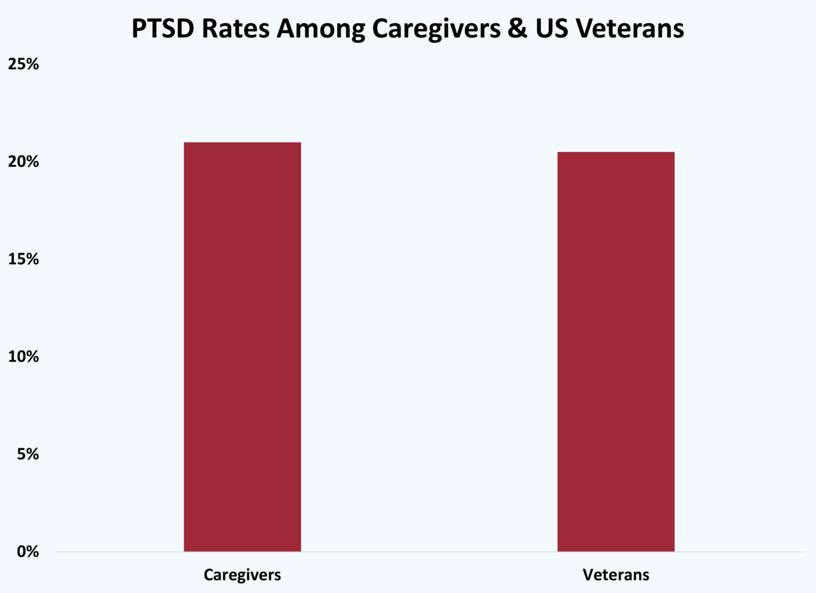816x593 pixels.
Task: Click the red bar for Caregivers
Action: pos(242,347)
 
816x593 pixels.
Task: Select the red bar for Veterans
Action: pos(616,352)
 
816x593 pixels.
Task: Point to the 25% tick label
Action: pos(23,64)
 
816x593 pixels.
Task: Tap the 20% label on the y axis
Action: pos(23,162)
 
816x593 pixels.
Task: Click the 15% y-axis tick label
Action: pos(23,259)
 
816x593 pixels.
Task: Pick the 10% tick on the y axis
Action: pos(23,357)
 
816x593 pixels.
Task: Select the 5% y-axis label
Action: pos(27,454)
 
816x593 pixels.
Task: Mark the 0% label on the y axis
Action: pos(27,552)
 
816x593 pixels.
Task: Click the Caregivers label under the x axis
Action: pos(242,575)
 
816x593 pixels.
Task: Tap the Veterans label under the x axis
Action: pos(616,575)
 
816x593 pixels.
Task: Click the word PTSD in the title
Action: pos(162,29)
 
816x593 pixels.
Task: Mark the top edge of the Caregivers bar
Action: pos(242,143)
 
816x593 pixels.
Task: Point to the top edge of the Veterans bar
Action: pos(616,152)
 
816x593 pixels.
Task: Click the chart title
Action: pos(407,29)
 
